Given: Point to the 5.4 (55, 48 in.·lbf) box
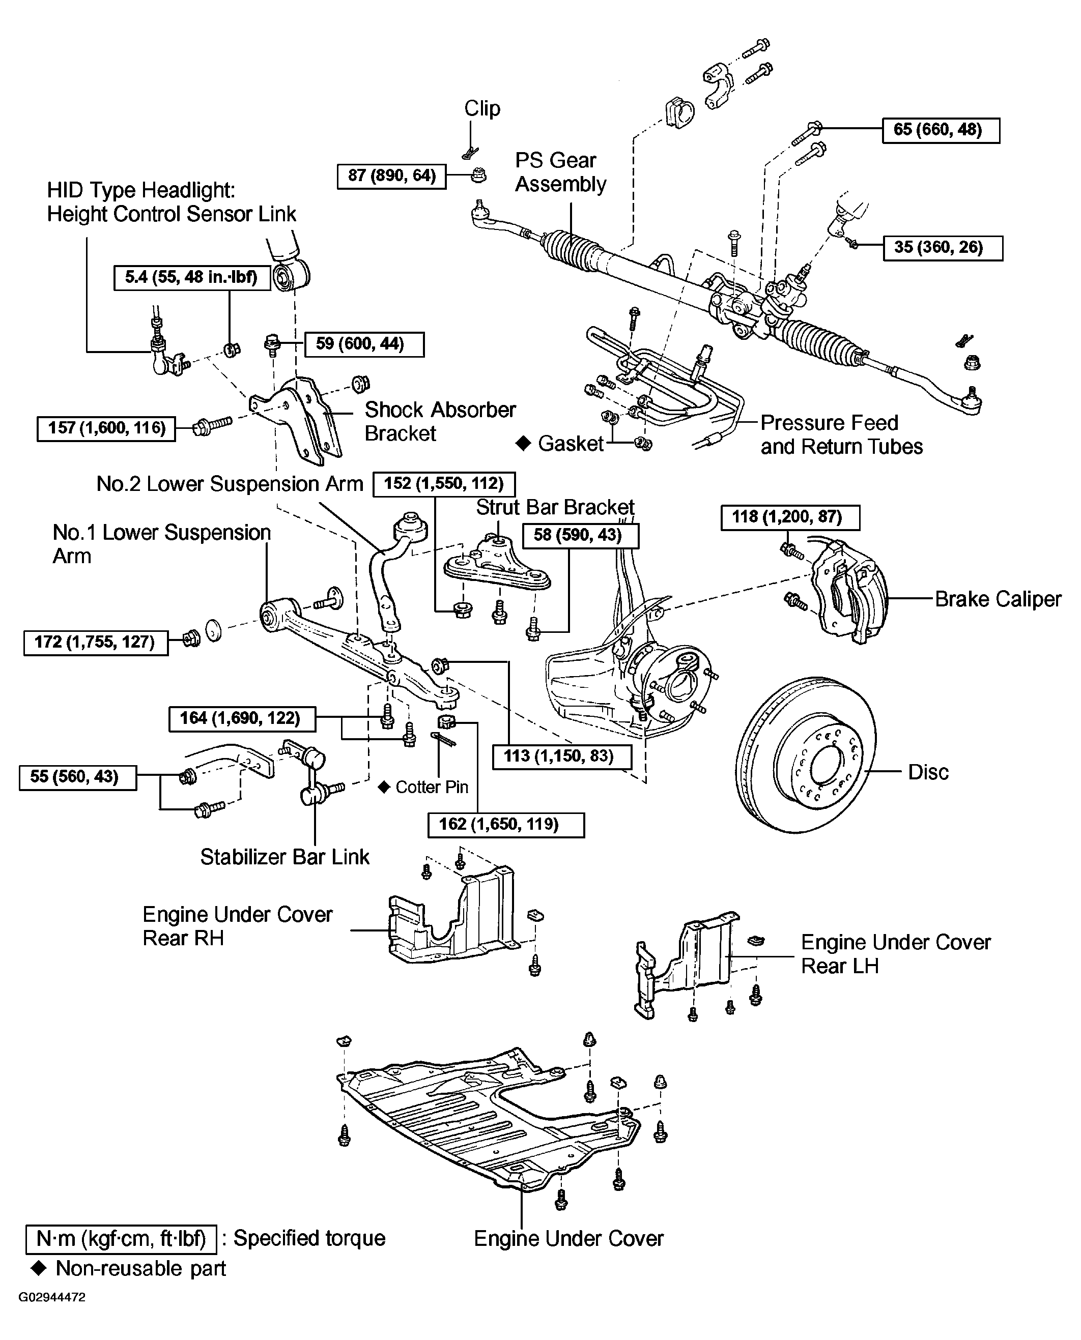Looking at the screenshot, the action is [192, 278].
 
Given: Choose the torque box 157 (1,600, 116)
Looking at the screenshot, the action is [106, 428].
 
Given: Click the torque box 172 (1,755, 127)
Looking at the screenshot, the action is [96, 643].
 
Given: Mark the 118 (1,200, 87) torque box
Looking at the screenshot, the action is [790, 517].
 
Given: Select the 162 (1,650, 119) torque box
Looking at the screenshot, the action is [506, 825].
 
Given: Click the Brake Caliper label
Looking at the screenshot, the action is [998, 599].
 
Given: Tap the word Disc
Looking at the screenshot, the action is [928, 772].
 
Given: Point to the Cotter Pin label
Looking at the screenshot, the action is [432, 788].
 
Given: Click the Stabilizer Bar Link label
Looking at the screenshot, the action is [285, 857].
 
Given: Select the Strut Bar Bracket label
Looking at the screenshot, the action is [555, 507].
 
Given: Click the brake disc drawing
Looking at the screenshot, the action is [806, 754].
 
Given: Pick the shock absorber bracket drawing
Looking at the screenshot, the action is [299, 418].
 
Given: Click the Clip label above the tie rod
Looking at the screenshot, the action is [482, 108].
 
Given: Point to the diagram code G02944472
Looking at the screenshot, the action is [52, 1298].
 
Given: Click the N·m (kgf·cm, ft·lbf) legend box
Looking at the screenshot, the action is [121, 1239].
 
